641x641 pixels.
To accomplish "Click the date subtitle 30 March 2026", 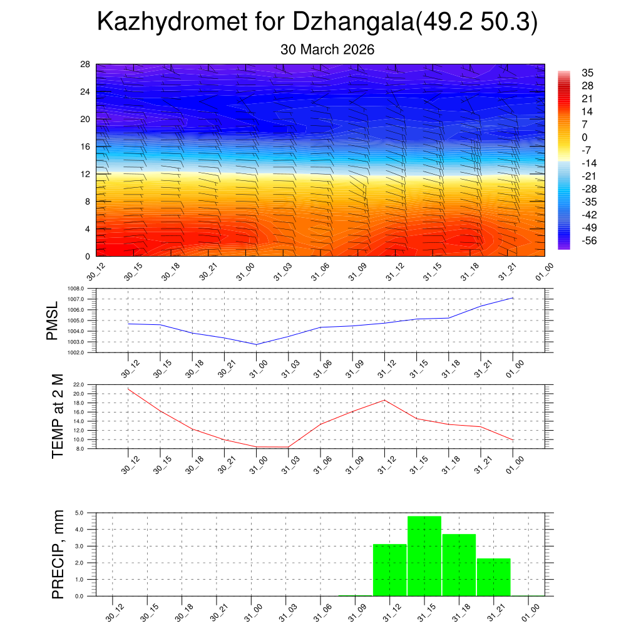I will pos(327,50).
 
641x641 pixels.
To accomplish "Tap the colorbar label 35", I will pos(587,73).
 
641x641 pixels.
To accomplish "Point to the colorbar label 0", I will pos(585,137).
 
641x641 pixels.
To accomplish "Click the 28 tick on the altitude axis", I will pos(86,64).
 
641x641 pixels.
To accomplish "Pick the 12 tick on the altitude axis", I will pos(86,174).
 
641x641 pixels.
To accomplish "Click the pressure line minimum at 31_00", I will pos(256,344).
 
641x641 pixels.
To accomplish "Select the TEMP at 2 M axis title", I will pos(58,416).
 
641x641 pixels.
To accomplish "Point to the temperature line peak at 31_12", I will pos(384,400).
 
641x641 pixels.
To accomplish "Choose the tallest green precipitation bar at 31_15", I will pos(424,556).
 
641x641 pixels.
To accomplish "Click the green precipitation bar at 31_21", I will pos(494,577).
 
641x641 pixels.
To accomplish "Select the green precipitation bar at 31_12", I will pos(390,570).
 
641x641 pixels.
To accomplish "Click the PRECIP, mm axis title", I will pos(58,554).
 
